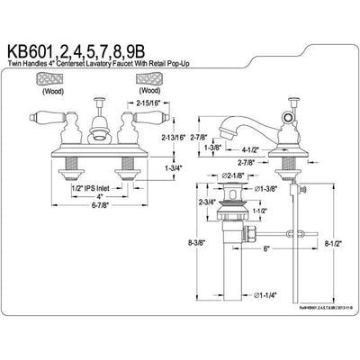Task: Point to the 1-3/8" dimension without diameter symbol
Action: tap(212, 147)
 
